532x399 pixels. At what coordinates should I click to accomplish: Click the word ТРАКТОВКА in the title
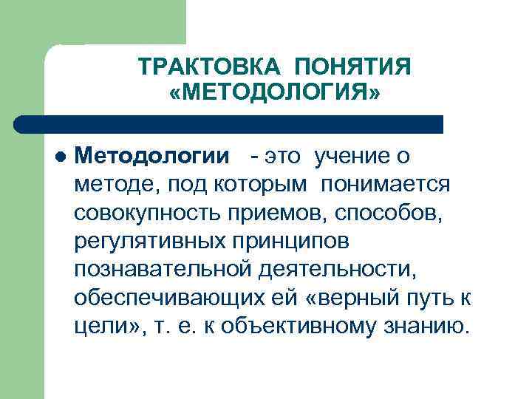click(x=208, y=69)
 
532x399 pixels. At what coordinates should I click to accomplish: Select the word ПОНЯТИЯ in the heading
click(x=352, y=69)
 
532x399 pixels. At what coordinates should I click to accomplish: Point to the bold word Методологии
click(x=151, y=157)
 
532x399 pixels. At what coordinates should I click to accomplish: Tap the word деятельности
click(x=336, y=269)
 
